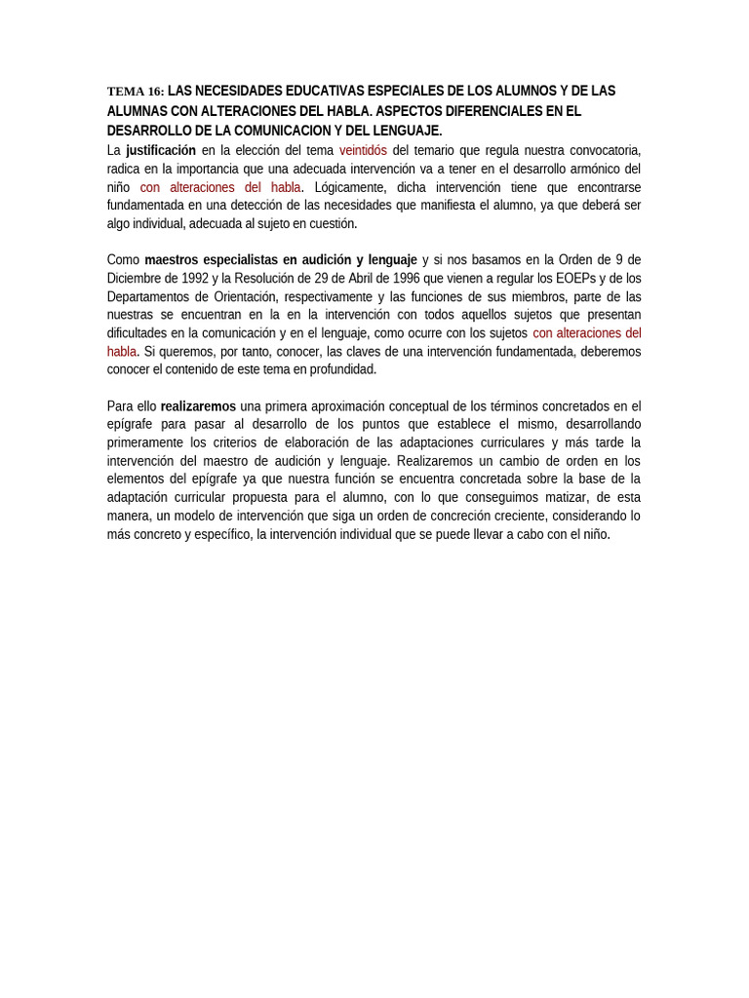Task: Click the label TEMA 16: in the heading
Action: [136, 92]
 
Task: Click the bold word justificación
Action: [161, 150]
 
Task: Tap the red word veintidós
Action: [363, 150]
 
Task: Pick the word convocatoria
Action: [601, 150]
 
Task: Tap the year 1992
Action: [196, 279]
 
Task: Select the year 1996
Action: [404, 279]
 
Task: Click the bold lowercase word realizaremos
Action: [198, 406]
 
